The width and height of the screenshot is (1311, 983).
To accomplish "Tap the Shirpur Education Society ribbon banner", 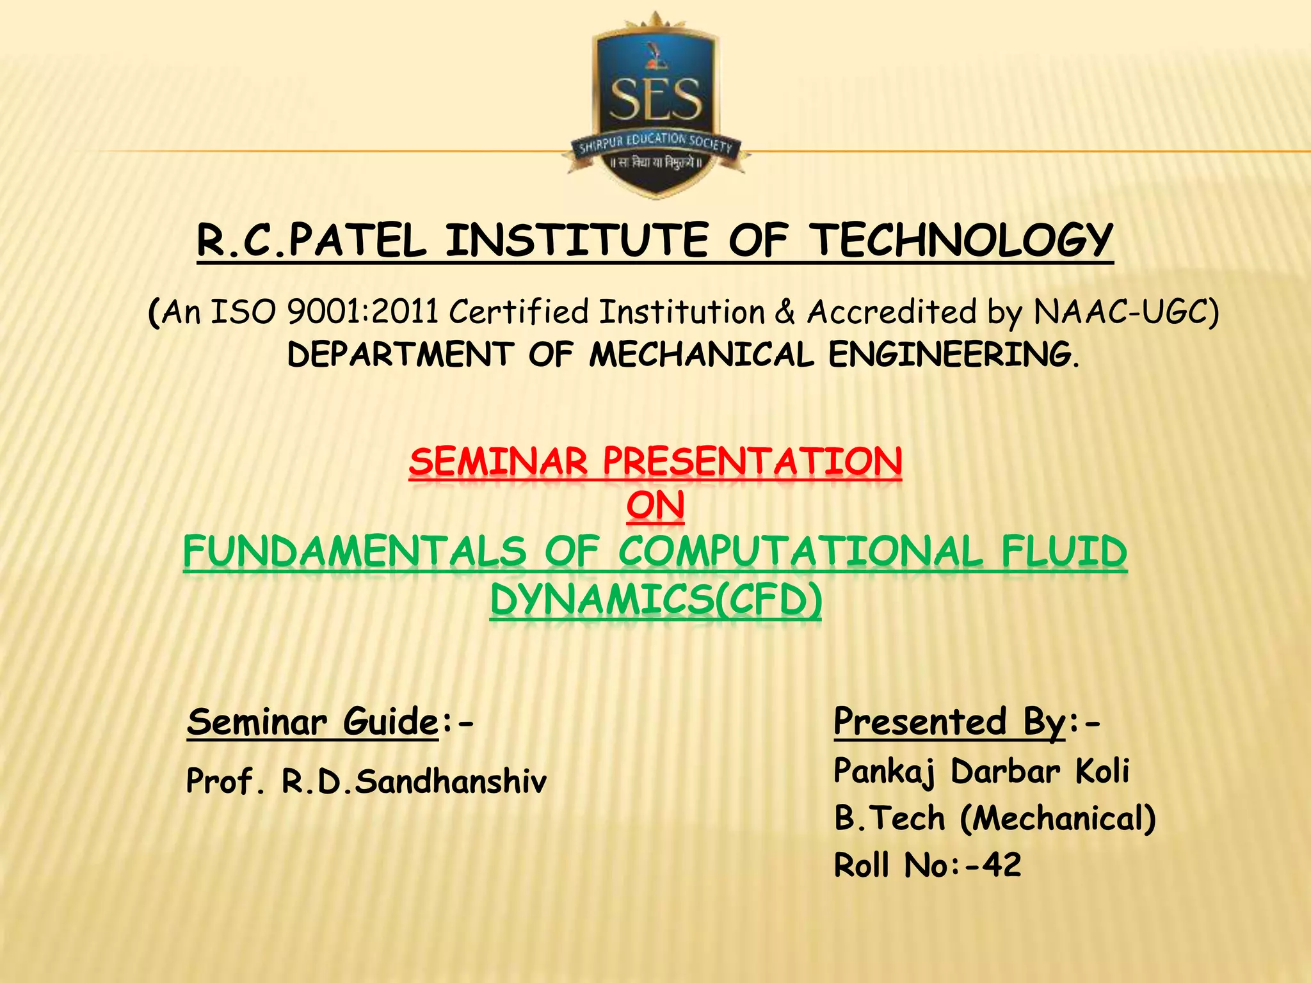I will click(x=655, y=144).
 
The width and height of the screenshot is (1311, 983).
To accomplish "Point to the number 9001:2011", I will click(x=362, y=312).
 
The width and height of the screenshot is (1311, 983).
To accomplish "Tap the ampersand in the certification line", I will click(x=785, y=312).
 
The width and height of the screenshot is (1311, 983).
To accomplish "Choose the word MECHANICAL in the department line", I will click(x=702, y=355).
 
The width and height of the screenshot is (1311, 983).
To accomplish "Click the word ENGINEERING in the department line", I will click(x=954, y=355).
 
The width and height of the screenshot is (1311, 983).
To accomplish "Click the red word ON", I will click(x=655, y=506).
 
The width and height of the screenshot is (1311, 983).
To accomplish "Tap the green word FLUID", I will click(x=1064, y=552).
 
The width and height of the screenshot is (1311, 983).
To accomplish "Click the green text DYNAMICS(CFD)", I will click(x=655, y=600).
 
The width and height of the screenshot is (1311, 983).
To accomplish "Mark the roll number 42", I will click(x=1002, y=865).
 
